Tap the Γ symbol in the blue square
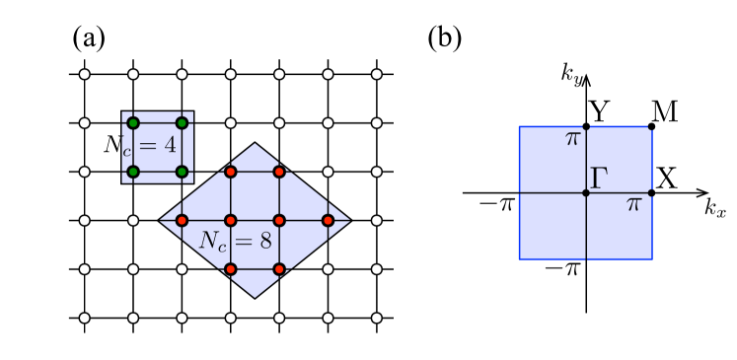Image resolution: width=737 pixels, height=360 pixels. tap(599, 179)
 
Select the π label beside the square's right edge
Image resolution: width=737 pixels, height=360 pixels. tap(633, 204)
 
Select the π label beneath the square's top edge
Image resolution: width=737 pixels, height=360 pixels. tap(572, 139)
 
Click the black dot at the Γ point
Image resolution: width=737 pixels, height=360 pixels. tap(586, 192)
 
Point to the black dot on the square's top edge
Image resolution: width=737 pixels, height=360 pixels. tap(586, 126)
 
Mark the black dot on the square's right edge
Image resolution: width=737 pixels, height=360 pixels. tap(651, 192)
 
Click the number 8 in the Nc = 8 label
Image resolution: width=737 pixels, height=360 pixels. tap(264, 241)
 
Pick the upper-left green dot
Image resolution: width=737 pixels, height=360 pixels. tap(133, 123)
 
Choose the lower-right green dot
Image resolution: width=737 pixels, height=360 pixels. tap(182, 172)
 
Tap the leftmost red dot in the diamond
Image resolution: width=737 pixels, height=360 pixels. tap(182, 220)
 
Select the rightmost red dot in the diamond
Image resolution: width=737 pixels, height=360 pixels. tap(328, 220)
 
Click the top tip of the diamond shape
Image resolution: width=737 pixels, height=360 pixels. tap(256, 145)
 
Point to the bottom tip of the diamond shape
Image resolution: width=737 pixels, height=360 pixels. tap(256, 296)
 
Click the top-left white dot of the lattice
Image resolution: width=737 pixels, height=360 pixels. tap(85, 74)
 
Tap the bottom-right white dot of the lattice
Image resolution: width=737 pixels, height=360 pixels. tap(376, 318)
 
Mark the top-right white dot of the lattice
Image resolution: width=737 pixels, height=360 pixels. tap(376, 74)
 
